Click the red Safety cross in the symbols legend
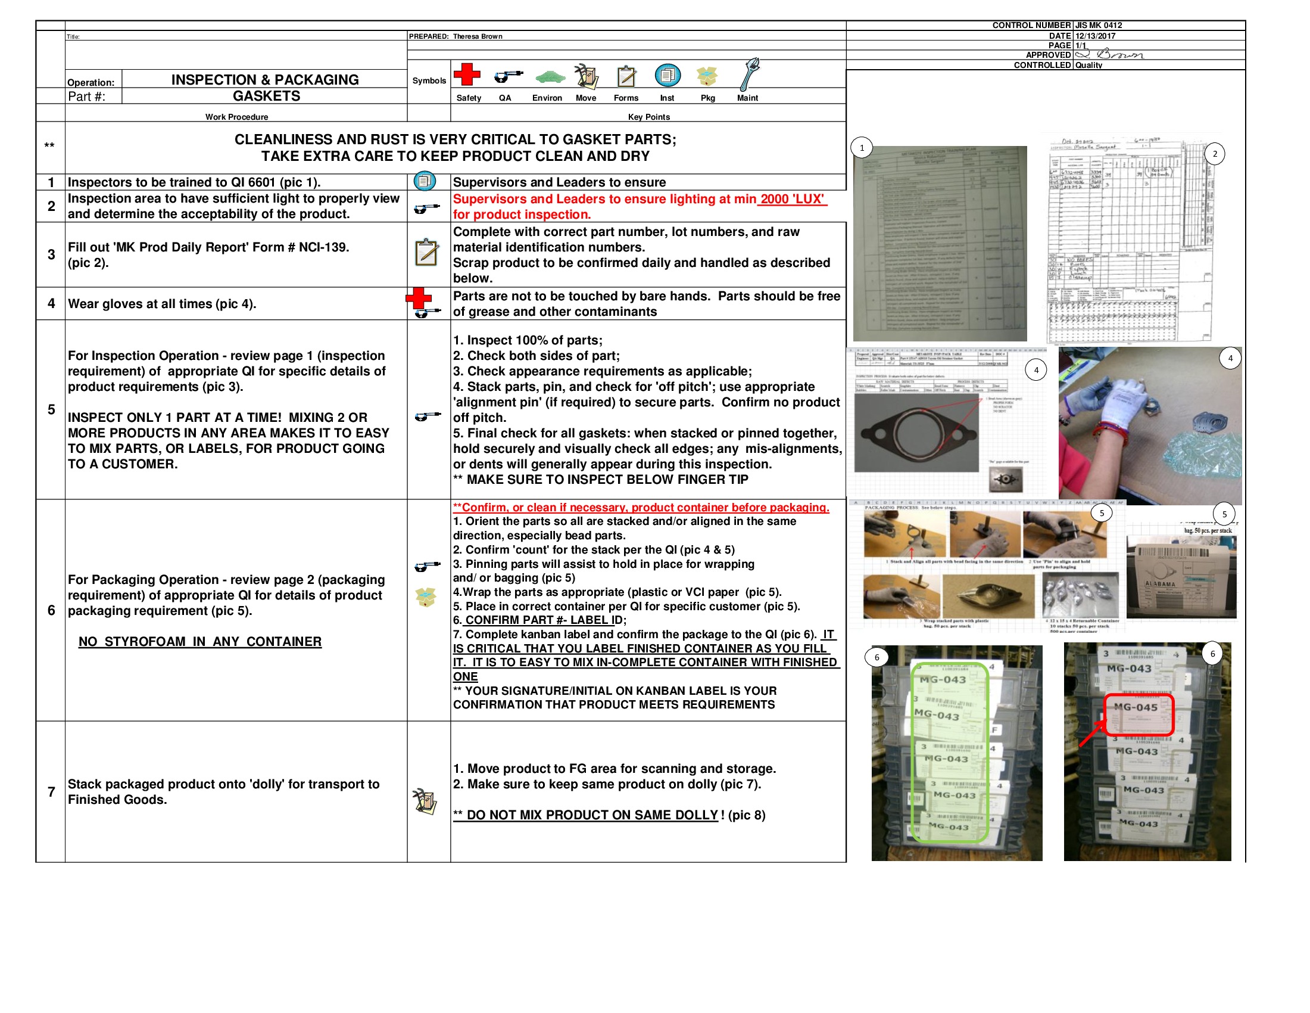467,74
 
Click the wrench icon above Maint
749,74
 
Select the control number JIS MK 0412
1098,25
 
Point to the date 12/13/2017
1095,36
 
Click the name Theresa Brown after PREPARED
478,36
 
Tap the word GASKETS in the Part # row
266,96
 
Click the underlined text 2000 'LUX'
792,199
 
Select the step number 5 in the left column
51,409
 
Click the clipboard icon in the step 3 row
426,253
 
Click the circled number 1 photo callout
862,148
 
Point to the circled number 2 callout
1215,154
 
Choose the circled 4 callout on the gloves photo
1230,358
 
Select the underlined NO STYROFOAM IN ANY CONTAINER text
199,642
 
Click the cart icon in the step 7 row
425,801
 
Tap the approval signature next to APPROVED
1110,55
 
